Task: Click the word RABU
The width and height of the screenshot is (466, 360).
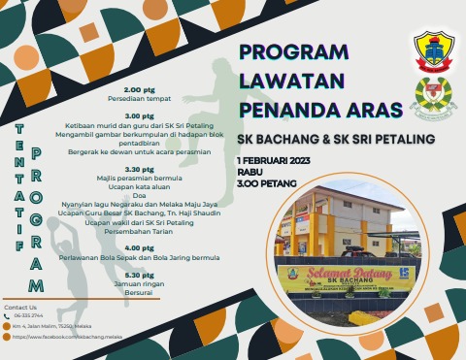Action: (x=250, y=170)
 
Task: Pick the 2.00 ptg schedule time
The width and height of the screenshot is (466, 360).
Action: (x=140, y=87)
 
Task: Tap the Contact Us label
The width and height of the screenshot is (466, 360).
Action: (x=20, y=307)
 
